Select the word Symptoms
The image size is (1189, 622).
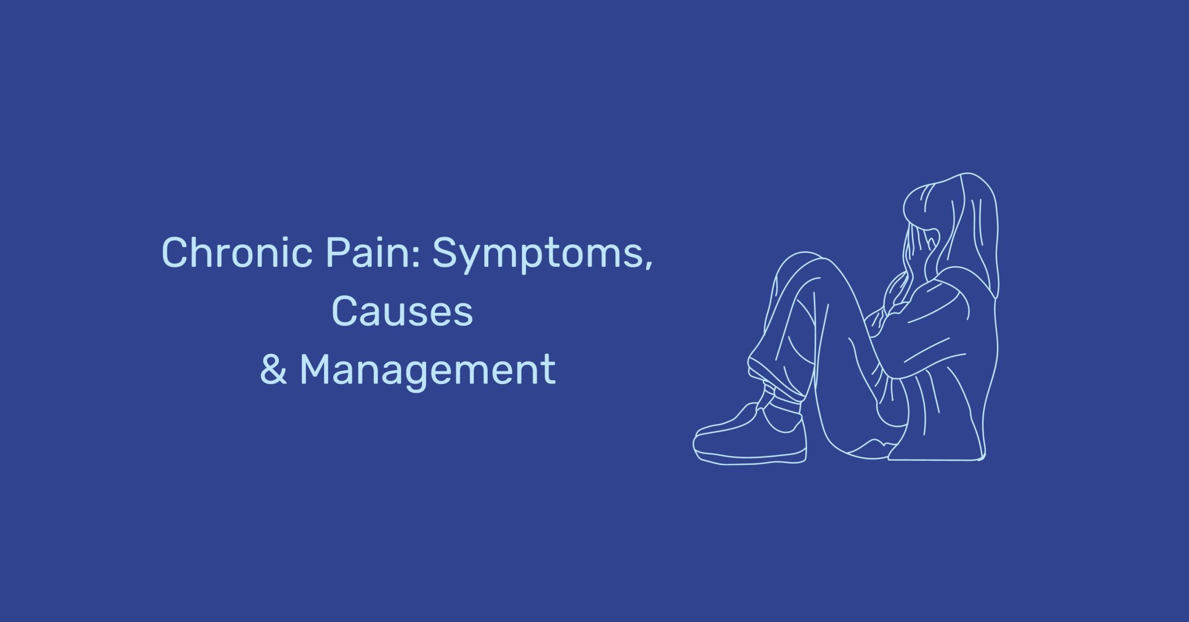click(x=537, y=254)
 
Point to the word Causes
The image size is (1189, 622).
click(x=402, y=312)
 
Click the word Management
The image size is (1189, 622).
click(x=427, y=370)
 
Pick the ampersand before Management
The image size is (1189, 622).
click(x=273, y=370)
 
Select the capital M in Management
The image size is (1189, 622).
click(x=318, y=369)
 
